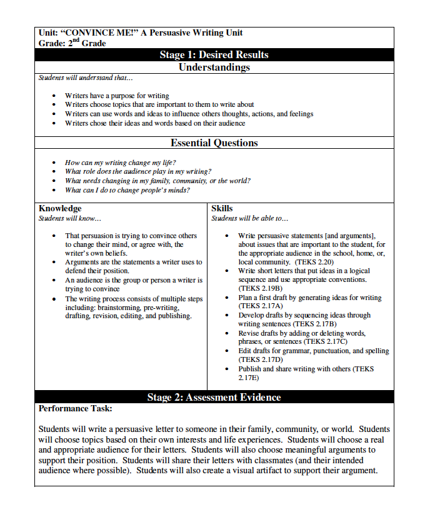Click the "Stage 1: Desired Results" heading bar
click(x=214, y=54)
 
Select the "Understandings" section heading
click(x=214, y=67)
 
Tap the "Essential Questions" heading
click(x=214, y=143)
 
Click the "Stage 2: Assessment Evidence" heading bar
click(x=214, y=397)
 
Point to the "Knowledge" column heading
click(x=60, y=208)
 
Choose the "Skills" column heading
click(x=222, y=208)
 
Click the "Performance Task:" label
click(x=75, y=408)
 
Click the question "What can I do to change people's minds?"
click(x=127, y=189)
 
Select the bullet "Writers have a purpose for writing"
click(x=117, y=96)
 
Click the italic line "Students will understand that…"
click(x=86, y=78)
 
